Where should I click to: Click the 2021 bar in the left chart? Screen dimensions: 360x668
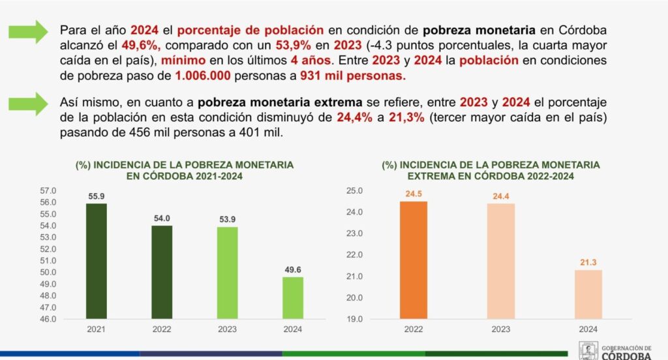[x=96, y=261]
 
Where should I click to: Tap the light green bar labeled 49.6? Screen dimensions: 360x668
[x=293, y=298]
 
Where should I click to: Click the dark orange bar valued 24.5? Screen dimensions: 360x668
[x=413, y=260]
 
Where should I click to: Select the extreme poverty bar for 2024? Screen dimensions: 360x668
[x=588, y=294]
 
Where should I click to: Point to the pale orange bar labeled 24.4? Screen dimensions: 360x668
[x=500, y=261]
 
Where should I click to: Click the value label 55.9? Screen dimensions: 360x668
[x=96, y=196]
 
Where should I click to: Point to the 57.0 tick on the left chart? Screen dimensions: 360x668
[x=49, y=191]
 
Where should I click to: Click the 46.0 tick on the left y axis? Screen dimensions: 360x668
[x=49, y=319]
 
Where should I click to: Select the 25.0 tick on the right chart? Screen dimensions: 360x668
[x=354, y=191]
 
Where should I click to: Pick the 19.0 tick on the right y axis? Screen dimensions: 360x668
[x=354, y=319]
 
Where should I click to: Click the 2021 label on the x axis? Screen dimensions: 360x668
[x=96, y=330]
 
